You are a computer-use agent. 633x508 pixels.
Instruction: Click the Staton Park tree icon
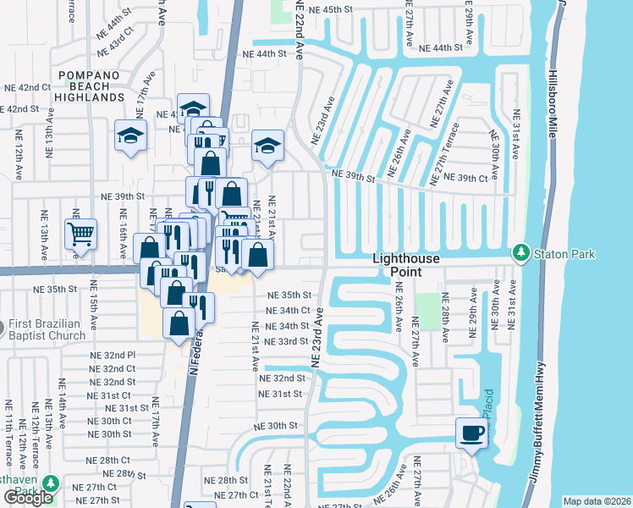pyautogui.click(x=520, y=253)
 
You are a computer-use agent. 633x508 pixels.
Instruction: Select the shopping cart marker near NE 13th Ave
pyautogui.click(x=81, y=233)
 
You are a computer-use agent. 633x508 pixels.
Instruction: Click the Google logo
pyautogui.click(x=28, y=498)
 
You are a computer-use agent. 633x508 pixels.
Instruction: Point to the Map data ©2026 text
pyautogui.click(x=597, y=501)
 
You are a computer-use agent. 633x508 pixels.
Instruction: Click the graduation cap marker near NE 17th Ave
pyautogui.click(x=131, y=135)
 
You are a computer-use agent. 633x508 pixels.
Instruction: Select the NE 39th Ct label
pyautogui.click(x=472, y=179)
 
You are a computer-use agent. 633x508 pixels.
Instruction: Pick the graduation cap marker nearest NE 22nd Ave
pyautogui.click(x=267, y=145)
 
